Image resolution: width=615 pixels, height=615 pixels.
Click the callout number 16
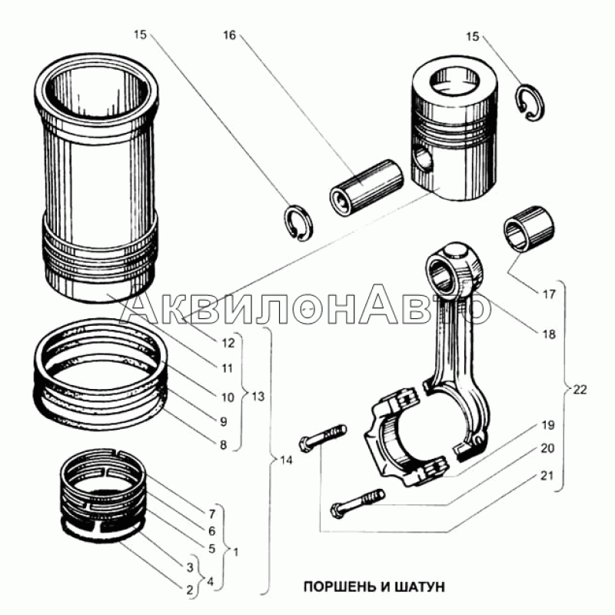pyautogui.click(x=229, y=35)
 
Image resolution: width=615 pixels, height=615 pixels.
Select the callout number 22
pyautogui.click(x=580, y=390)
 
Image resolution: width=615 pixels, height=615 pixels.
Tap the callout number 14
pyautogui.click(x=286, y=460)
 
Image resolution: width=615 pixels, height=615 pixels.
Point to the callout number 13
pyautogui.click(x=258, y=396)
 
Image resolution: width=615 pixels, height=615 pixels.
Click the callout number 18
pyautogui.click(x=549, y=334)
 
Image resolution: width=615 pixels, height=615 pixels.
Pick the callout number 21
pyautogui.click(x=547, y=475)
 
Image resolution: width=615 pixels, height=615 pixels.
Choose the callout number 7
pyautogui.click(x=212, y=513)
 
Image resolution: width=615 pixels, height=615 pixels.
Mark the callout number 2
pyautogui.click(x=190, y=590)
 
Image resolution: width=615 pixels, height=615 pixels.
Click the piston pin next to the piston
pyautogui.click(x=367, y=188)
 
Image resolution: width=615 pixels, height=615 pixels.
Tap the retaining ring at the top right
pyautogui.click(x=530, y=103)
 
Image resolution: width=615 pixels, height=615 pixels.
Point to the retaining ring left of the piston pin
pyautogui.click(x=298, y=222)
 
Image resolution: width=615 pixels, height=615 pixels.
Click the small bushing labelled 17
pyautogui.click(x=529, y=228)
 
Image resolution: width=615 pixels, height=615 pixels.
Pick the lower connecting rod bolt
pyautogui.click(x=358, y=503)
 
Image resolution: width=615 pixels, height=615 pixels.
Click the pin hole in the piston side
pyautogui.click(x=424, y=159)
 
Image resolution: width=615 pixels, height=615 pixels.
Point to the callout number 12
pyautogui.click(x=228, y=343)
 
